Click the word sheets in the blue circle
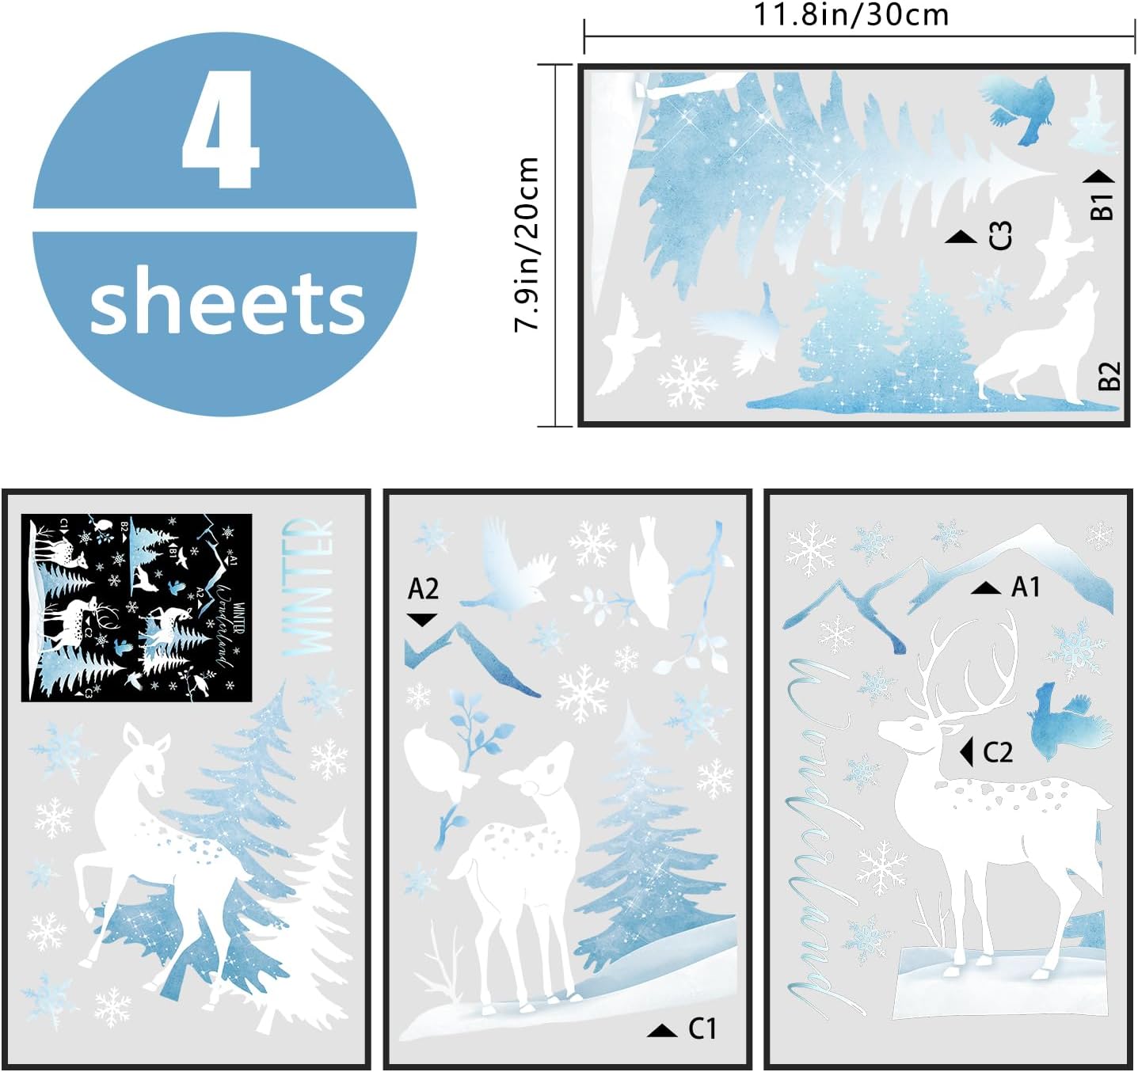pos(226,303)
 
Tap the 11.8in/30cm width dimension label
pos(851,14)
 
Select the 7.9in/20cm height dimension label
pos(527,244)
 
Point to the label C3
pos(1000,236)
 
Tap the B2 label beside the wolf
pos(1109,375)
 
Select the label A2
pos(423,589)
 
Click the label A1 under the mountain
pos(1026,587)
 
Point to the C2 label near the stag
pos(997,751)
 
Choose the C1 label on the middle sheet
pos(702,1028)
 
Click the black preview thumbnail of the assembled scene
pos(136,607)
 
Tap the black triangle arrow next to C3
pos(961,237)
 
